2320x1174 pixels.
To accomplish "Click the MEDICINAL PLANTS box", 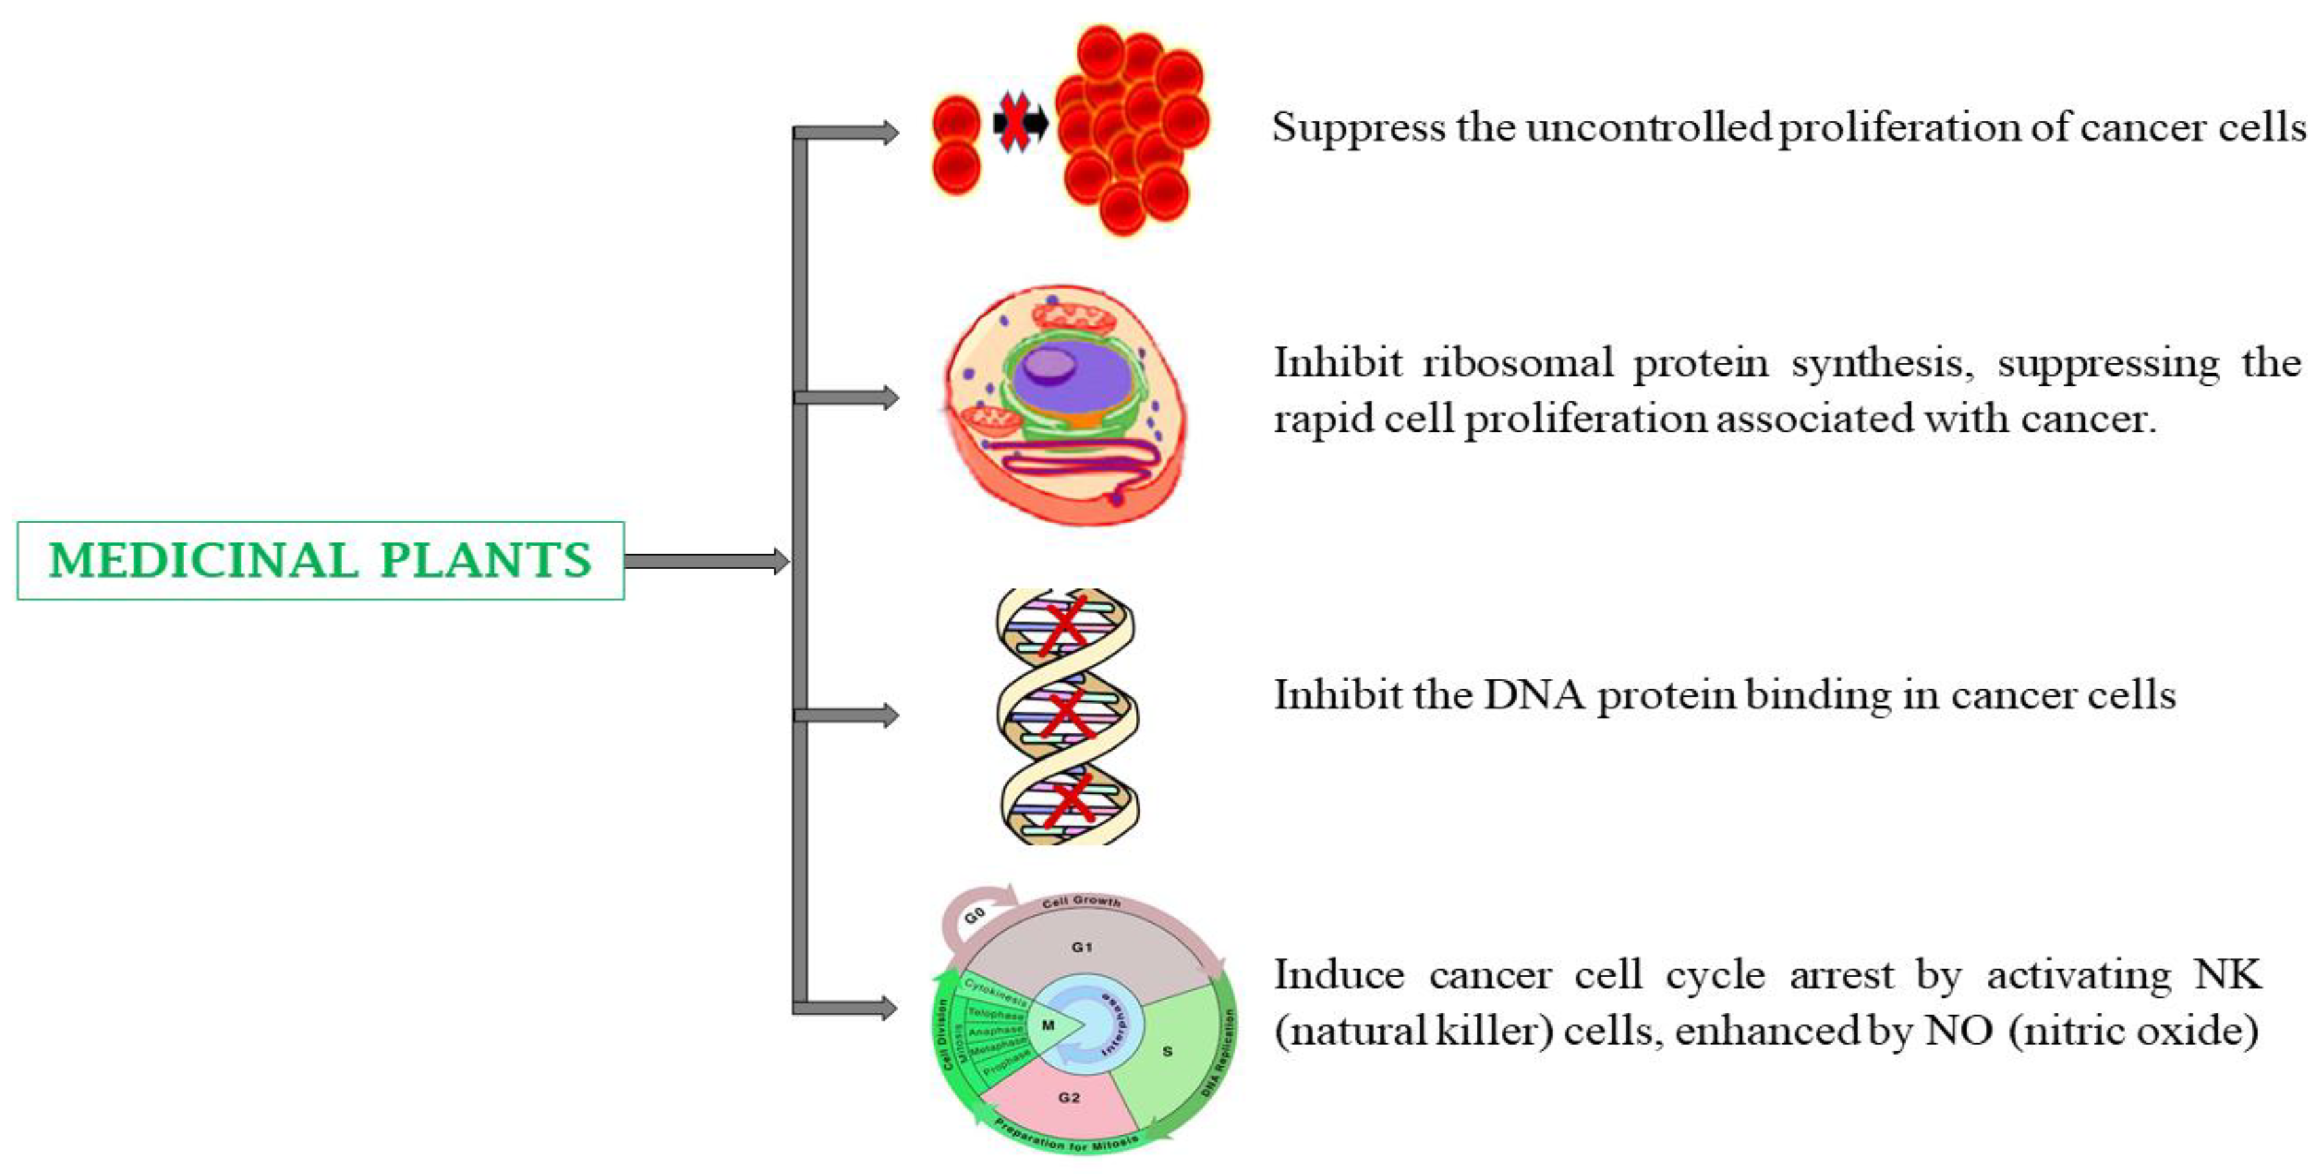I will pos(320,560).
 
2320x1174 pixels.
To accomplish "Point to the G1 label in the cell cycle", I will pos(1081,947).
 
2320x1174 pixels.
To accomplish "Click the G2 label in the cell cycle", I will pos(1069,1097).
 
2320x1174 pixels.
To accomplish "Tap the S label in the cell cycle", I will pos(1167,1051).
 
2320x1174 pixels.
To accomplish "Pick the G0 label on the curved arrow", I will pos(974,916).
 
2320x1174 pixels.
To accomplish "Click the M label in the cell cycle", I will pos(1047,1025).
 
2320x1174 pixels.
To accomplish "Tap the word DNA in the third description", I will pos(1534,695).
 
